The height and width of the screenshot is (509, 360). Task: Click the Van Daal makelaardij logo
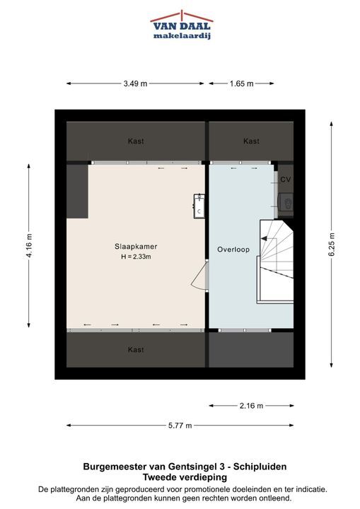(181, 25)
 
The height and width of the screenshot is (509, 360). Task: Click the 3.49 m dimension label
(135, 83)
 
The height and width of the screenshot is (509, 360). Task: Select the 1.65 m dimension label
(241, 83)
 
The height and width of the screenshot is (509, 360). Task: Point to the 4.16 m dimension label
(29, 246)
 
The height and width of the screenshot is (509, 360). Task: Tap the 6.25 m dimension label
(332, 245)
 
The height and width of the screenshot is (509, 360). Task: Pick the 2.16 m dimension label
(252, 406)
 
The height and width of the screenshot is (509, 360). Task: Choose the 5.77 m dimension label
(180, 426)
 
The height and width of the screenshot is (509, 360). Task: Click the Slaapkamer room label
(136, 247)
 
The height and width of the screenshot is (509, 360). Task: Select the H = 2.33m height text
(136, 257)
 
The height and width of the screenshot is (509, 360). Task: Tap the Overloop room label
(233, 250)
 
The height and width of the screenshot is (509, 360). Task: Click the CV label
(285, 179)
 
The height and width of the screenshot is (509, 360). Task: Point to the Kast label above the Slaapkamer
(136, 141)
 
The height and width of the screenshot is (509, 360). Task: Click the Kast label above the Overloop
(251, 141)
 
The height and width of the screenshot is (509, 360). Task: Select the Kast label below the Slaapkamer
(136, 350)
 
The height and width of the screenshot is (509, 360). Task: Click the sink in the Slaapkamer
(199, 206)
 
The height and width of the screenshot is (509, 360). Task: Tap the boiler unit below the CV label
(286, 204)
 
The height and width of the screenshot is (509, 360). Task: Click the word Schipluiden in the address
(260, 467)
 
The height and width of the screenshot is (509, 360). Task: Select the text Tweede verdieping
(185, 477)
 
